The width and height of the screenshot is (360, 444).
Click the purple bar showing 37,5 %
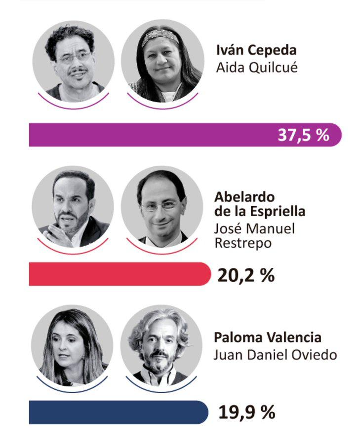click(x=148, y=135)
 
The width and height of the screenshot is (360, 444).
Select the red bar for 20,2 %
click(x=119, y=274)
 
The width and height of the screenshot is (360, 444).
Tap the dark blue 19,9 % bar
click(x=119, y=412)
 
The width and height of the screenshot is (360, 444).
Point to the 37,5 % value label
click(x=303, y=135)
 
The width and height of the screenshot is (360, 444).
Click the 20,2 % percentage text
click(x=245, y=275)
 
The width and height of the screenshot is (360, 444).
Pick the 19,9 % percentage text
click(x=246, y=412)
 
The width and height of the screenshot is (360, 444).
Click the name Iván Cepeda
click(x=257, y=51)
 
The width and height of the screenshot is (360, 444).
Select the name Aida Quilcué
click(x=257, y=67)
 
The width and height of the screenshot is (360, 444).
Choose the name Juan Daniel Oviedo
click(x=275, y=355)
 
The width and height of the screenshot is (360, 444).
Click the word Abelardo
click(x=244, y=196)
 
